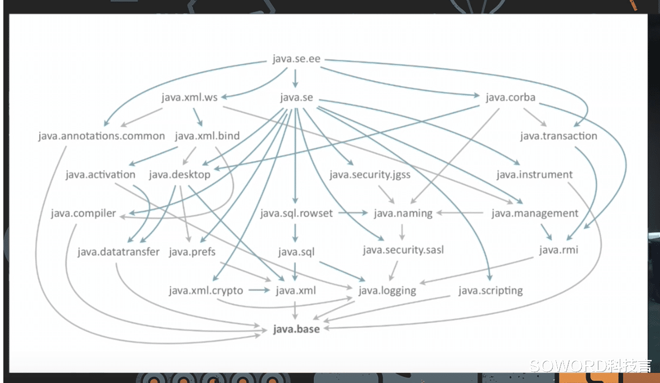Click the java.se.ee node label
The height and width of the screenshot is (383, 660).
tap(296, 59)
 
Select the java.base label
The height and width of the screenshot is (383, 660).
tap(296, 329)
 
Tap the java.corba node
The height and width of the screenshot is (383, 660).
tap(510, 98)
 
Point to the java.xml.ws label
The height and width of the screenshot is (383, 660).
tap(189, 98)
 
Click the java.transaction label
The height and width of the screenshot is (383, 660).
tap(558, 136)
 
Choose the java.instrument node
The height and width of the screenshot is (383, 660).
tap(534, 175)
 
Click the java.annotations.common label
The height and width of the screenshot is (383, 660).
tap(102, 136)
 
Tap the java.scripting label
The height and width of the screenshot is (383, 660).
tap(490, 291)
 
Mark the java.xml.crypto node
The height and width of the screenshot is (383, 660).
tap(206, 291)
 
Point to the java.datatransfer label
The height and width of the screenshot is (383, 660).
tap(118, 252)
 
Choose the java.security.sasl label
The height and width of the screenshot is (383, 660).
tap(403, 251)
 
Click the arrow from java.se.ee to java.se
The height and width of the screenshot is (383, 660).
tap(295, 78)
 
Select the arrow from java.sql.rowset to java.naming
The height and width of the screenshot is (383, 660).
tap(353, 213)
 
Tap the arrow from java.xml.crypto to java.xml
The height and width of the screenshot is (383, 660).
tap(259, 290)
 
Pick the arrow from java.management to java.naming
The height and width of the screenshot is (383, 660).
tap(460, 213)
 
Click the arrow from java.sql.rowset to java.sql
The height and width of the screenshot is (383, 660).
tap(295, 233)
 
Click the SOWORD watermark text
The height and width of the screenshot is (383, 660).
tap(590, 366)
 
